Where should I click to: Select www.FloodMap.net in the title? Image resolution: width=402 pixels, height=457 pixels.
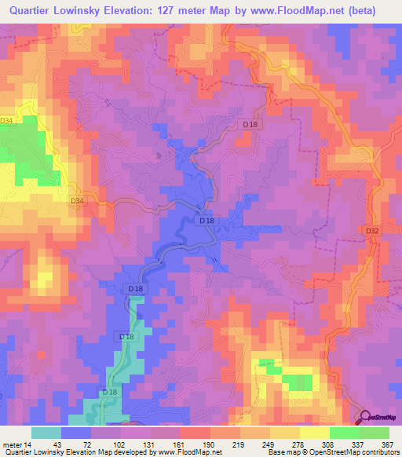pos(298,10)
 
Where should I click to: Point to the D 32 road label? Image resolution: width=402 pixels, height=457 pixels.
pos(372,231)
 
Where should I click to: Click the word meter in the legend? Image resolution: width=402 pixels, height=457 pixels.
pos(11,444)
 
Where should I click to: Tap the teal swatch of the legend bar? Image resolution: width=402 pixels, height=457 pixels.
pos(46,433)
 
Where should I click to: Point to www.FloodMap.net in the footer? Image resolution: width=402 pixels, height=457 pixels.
pos(184,452)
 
